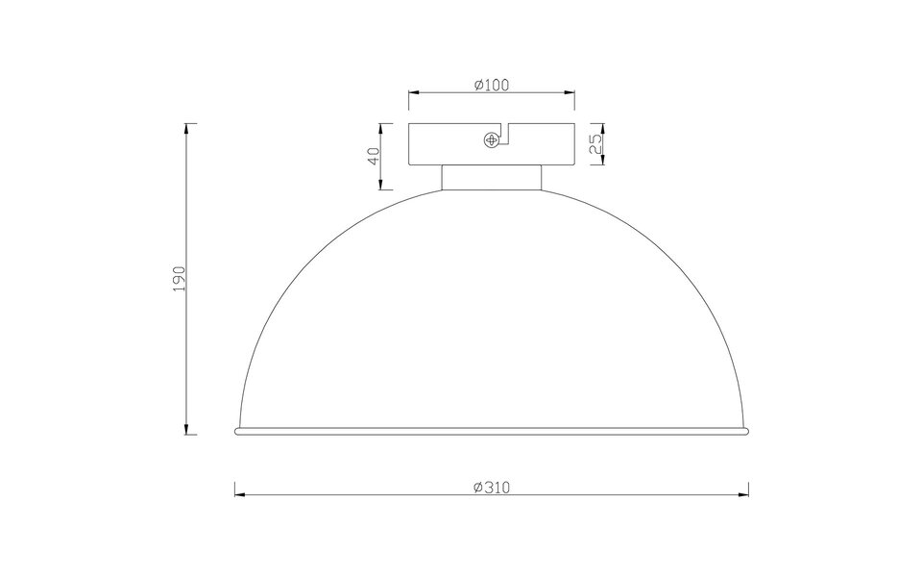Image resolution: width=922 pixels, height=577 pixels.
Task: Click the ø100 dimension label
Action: tap(491, 85)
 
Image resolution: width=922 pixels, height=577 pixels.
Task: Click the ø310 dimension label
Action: tap(491, 488)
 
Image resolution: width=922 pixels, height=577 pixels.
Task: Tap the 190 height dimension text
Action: tap(179, 279)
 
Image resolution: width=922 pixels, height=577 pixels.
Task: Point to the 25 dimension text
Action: tap(594, 143)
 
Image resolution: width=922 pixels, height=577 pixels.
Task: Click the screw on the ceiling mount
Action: tap(492, 140)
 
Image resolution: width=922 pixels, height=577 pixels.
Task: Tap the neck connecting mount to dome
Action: tap(491, 177)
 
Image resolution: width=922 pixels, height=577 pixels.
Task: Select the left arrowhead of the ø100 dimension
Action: tap(412, 92)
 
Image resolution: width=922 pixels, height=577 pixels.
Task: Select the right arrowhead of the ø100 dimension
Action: tap(570, 92)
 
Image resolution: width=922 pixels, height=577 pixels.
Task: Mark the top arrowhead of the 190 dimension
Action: tap(190, 127)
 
